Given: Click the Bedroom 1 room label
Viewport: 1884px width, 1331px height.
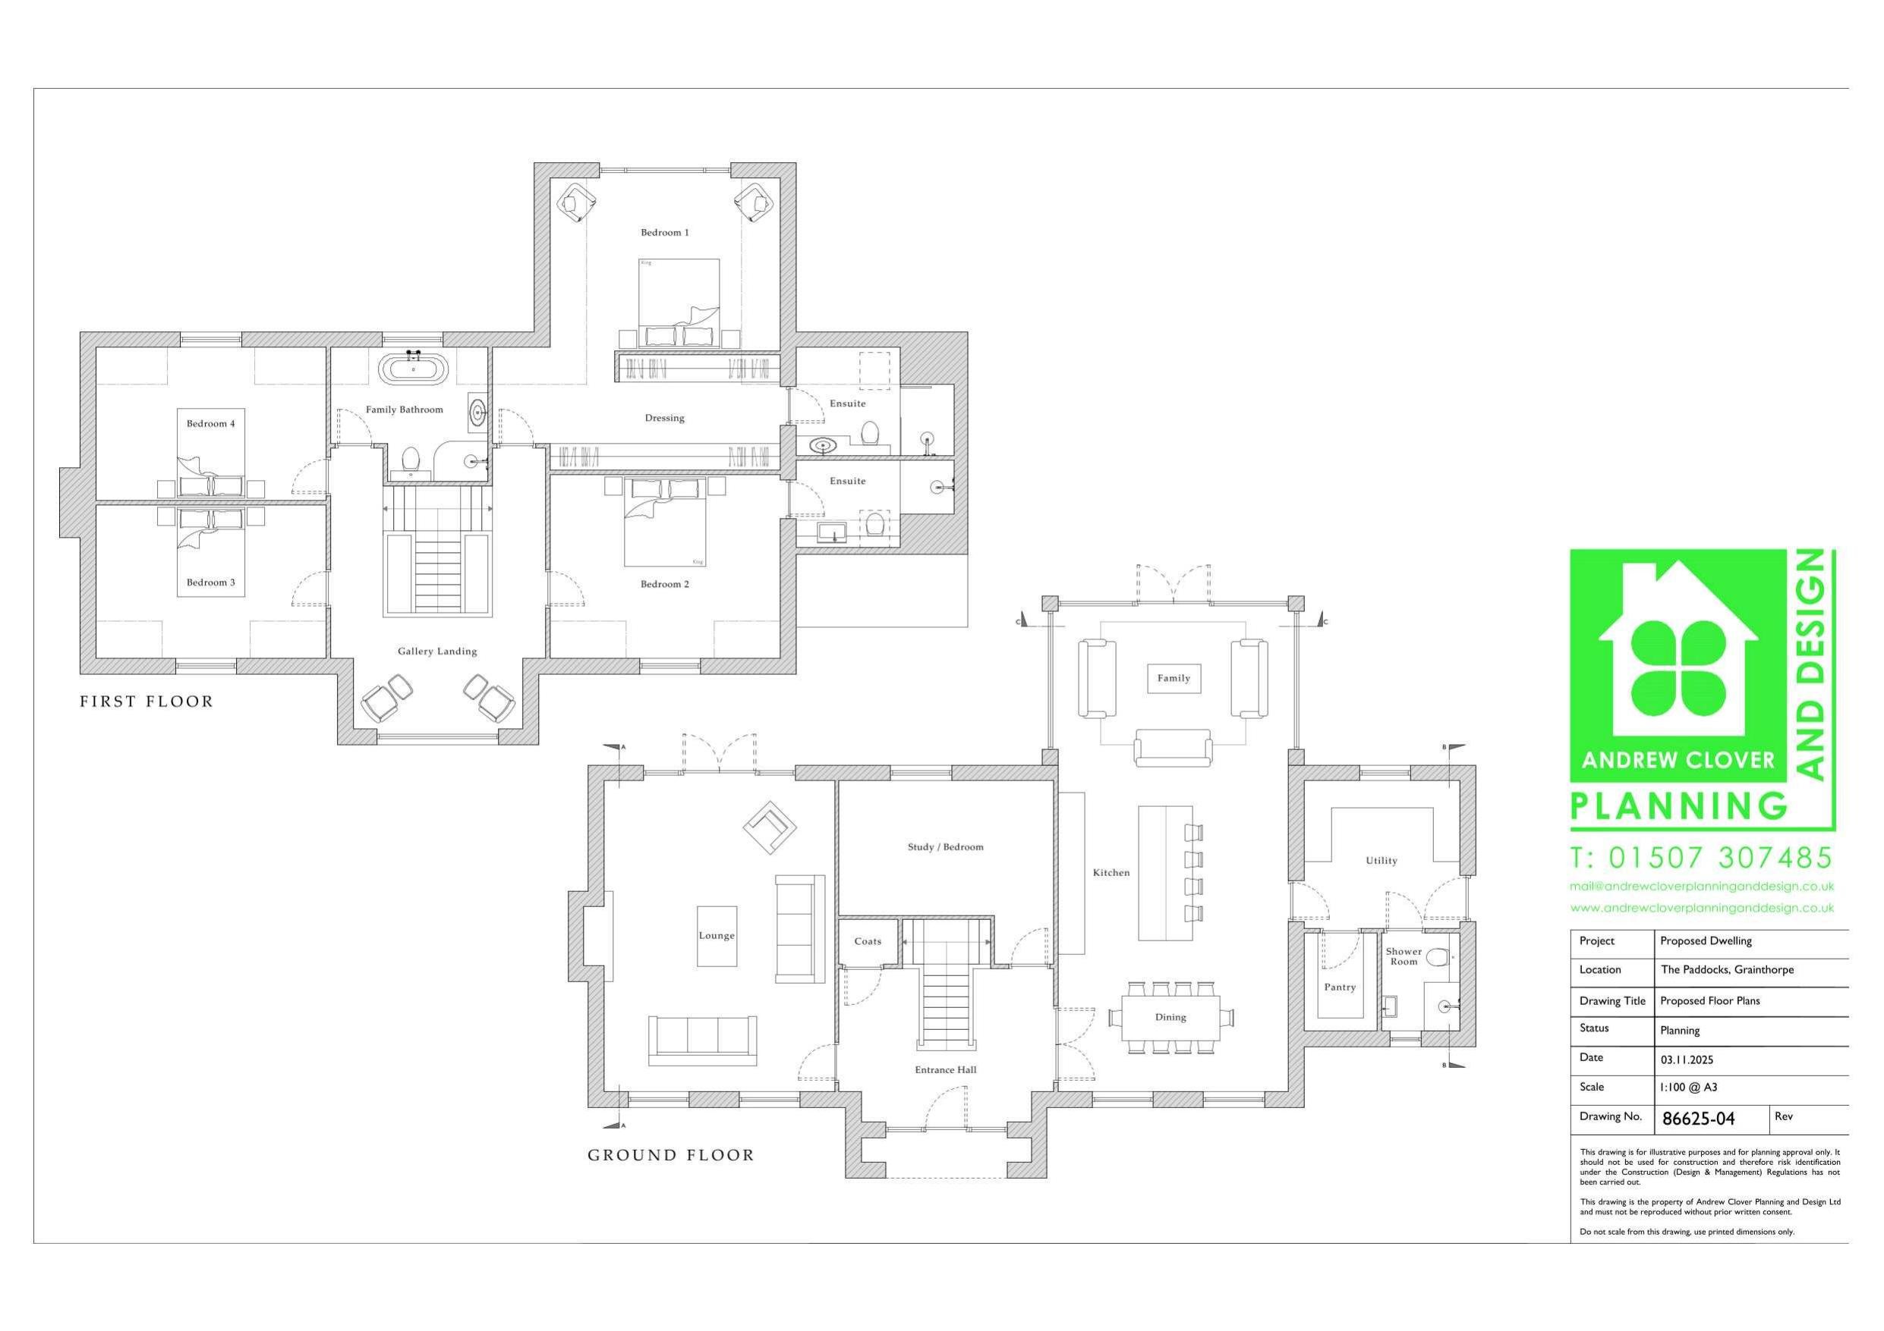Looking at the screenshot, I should pos(665,233).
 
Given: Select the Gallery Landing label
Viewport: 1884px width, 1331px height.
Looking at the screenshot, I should pos(437,651).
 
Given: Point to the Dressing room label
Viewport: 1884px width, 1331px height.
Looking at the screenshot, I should pos(665,418).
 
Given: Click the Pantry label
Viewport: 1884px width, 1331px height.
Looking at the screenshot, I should pos(1340,987).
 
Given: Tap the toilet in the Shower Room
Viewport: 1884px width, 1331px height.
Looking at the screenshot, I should pos(1437,957).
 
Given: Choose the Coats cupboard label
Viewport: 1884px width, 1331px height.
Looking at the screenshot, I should pos(868,941).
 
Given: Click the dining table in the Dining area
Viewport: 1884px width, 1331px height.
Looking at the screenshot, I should pos(1171,1017).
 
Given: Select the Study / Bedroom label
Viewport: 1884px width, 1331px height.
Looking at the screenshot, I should pos(945,847).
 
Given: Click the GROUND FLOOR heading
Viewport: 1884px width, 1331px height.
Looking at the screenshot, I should pos(670,1156).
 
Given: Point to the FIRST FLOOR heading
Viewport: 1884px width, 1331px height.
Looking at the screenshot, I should pos(146,702).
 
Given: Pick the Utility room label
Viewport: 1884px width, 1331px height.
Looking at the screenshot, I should pos(1381,860).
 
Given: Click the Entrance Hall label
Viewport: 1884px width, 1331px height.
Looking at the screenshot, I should pos(945,1069).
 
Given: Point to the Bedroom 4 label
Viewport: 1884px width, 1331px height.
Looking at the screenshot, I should pos(211,424).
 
